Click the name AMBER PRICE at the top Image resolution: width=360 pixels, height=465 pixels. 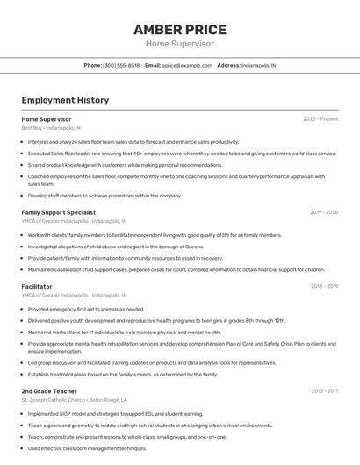(x=179, y=29)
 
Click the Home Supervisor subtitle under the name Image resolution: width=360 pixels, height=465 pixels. (x=179, y=44)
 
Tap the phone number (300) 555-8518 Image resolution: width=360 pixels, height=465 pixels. (x=121, y=66)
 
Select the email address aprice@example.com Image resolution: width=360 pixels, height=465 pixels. (x=187, y=66)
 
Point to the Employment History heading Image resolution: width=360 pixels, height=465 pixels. (x=65, y=100)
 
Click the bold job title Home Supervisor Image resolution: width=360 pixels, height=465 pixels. (x=47, y=118)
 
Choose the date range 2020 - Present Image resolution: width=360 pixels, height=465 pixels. (x=320, y=118)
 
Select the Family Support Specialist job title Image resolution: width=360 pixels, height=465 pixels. (x=59, y=212)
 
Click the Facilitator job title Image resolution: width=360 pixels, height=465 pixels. (x=37, y=286)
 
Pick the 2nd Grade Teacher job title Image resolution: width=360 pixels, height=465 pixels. (x=49, y=390)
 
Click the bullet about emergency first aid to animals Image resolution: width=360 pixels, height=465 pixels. (x=86, y=310)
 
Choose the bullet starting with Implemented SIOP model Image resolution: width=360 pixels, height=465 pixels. (x=115, y=414)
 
